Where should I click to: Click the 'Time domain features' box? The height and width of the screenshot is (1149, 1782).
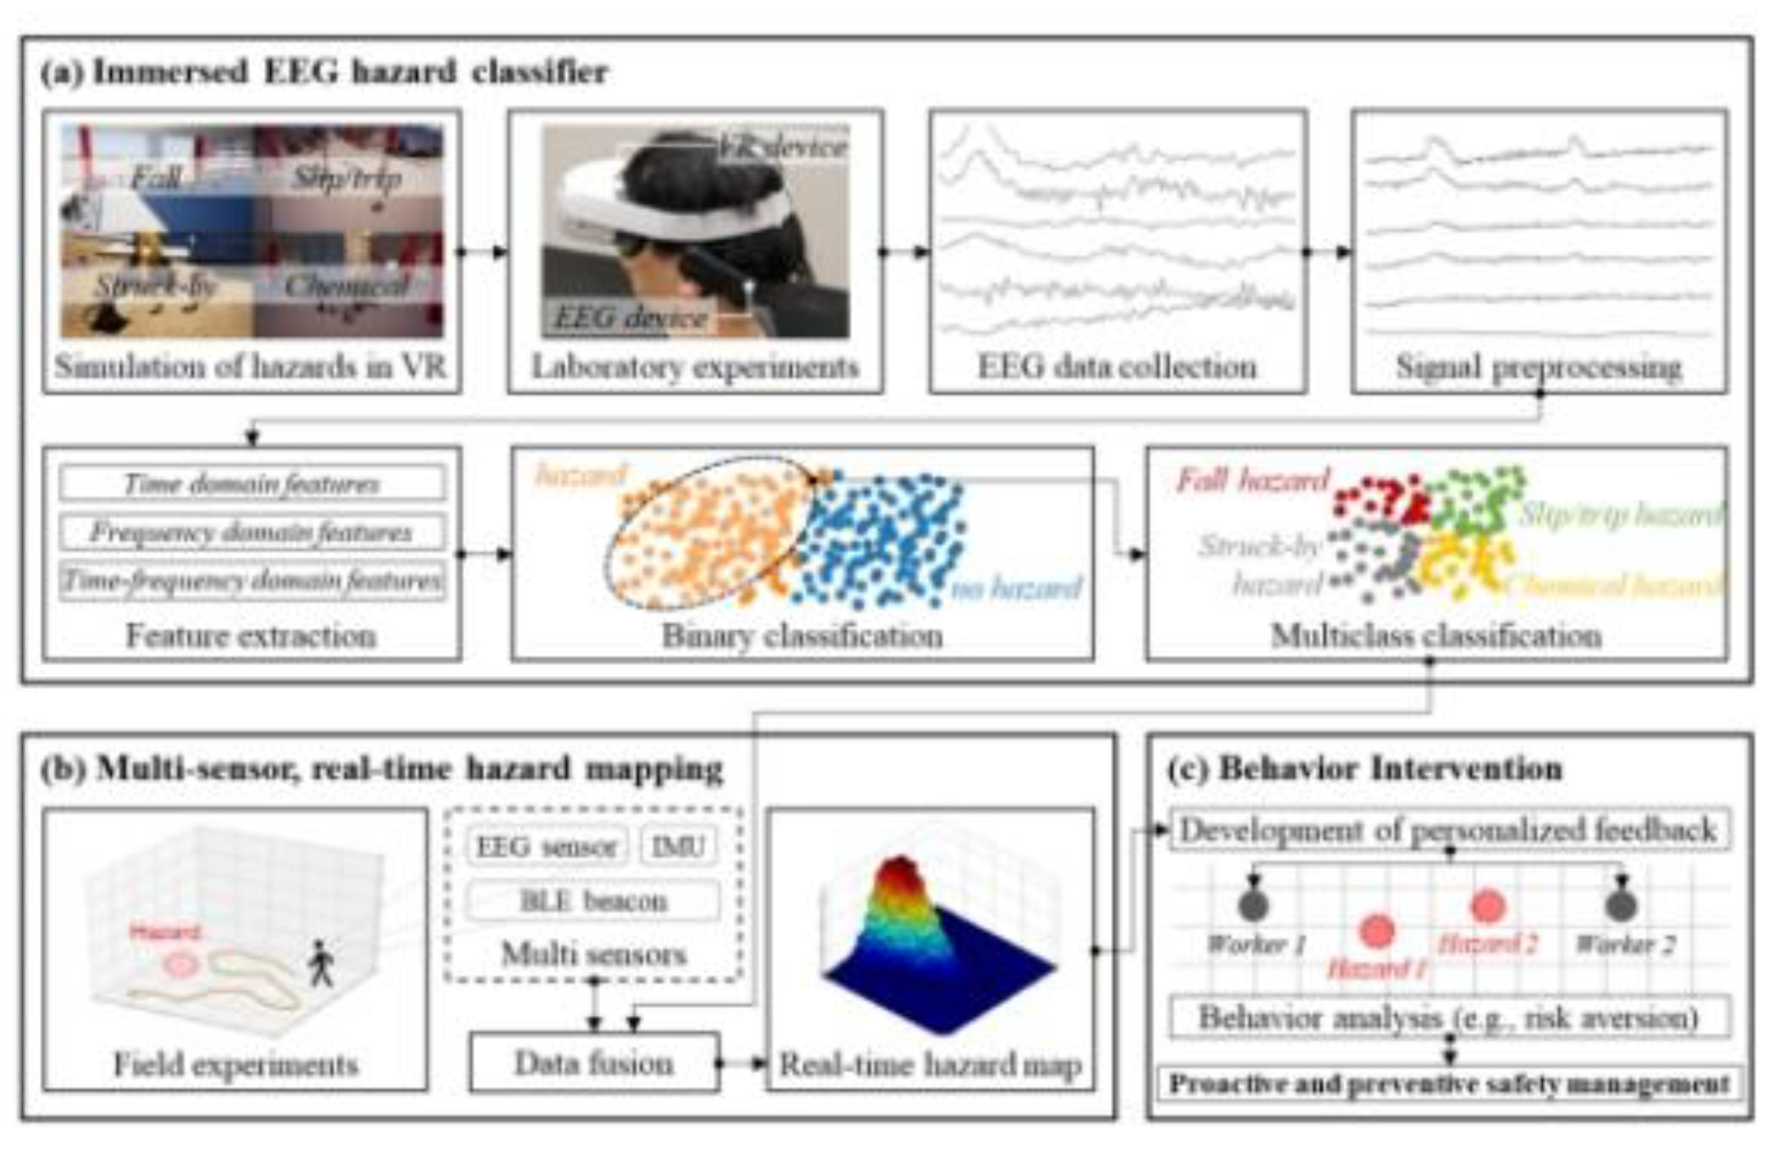(252, 483)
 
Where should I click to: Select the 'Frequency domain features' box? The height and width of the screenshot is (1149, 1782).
(252, 532)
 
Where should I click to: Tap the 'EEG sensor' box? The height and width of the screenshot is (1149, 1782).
(547, 846)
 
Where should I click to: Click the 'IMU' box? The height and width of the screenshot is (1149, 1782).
(678, 846)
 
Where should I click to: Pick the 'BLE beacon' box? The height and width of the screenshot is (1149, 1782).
(593, 901)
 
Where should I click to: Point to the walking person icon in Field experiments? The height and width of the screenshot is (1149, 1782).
(321, 962)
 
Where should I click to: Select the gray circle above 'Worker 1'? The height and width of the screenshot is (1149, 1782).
(1253, 905)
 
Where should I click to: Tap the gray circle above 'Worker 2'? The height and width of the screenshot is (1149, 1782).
(1621, 905)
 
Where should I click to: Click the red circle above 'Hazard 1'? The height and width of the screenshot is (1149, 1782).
(1376, 930)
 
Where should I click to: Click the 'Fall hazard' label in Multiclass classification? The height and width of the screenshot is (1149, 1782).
(1253, 480)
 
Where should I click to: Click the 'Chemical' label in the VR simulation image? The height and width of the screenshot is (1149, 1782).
(347, 285)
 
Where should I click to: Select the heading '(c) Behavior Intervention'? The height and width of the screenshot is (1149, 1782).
(1364, 768)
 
